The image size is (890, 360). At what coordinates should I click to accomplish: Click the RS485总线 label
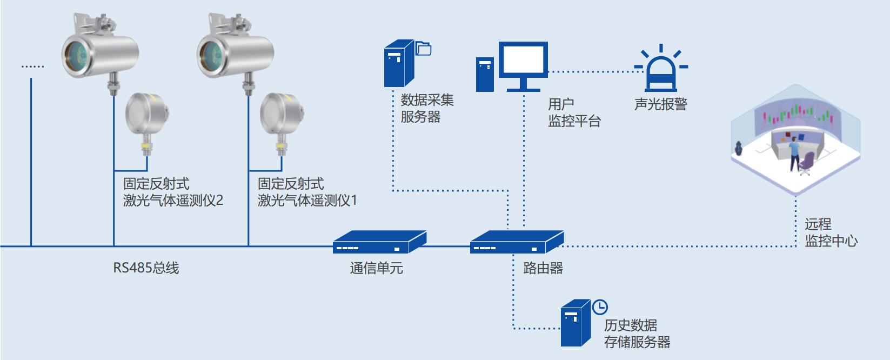[x=146, y=268]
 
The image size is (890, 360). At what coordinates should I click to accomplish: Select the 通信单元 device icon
[x=379, y=243]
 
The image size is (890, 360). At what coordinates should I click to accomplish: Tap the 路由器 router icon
[x=517, y=243]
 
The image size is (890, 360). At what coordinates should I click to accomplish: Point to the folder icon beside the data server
[x=424, y=49]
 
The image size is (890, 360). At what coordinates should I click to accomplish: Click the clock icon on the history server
[x=600, y=306]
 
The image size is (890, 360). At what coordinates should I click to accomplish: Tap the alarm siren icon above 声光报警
[x=660, y=70]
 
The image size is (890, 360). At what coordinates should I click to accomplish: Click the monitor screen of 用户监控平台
[x=523, y=61]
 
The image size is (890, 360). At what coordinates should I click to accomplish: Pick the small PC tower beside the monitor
[x=485, y=75]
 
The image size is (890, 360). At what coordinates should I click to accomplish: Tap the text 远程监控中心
[x=830, y=232]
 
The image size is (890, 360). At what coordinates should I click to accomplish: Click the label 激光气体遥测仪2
[x=173, y=201]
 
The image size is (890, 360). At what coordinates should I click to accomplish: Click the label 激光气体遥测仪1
[x=307, y=201]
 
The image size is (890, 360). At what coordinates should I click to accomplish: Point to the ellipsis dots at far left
[x=32, y=66]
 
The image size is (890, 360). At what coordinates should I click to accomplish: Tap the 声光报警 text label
[x=660, y=104]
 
